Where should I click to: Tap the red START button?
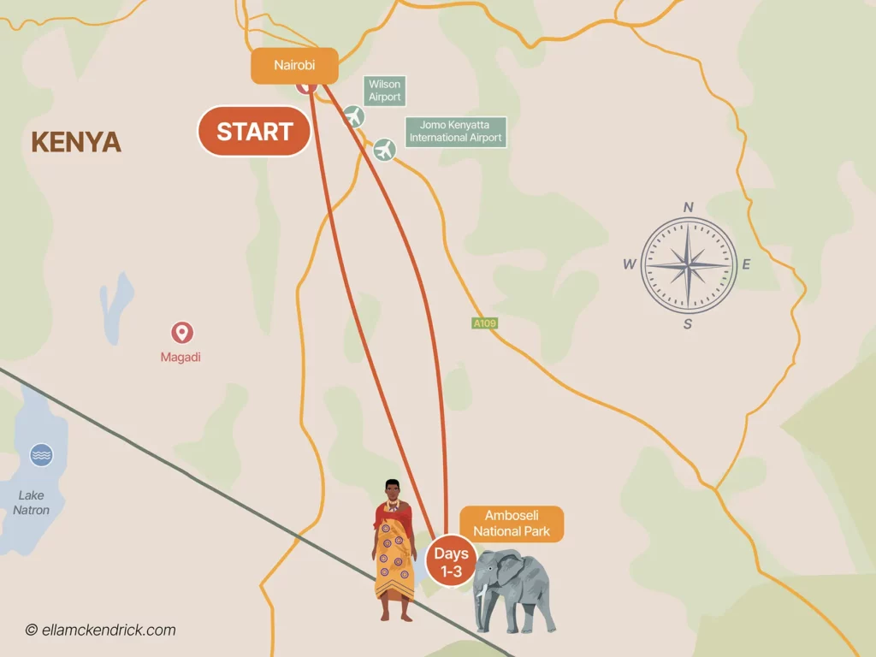pyautogui.click(x=254, y=132)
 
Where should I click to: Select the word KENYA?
pyautogui.click(x=76, y=142)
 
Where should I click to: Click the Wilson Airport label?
pyautogui.click(x=384, y=91)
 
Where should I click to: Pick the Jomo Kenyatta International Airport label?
pyautogui.click(x=455, y=132)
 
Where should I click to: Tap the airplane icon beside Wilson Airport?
pyautogui.click(x=353, y=116)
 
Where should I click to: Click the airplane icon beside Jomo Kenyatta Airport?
pyautogui.click(x=386, y=150)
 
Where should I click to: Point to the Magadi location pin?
pyautogui.click(x=181, y=332)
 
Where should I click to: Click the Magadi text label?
pyautogui.click(x=181, y=357)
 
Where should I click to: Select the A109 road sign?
pyautogui.click(x=484, y=323)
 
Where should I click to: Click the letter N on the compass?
pyautogui.click(x=688, y=207)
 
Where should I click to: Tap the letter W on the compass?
pyautogui.click(x=630, y=264)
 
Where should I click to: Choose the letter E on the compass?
pyautogui.click(x=745, y=264)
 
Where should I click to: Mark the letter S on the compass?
pyautogui.click(x=688, y=323)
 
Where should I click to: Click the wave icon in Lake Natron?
pyautogui.click(x=41, y=455)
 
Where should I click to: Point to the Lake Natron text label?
pyautogui.click(x=32, y=503)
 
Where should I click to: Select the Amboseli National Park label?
pyautogui.click(x=512, y=524)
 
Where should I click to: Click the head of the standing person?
pyautogui.click(x=394, y=491)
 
